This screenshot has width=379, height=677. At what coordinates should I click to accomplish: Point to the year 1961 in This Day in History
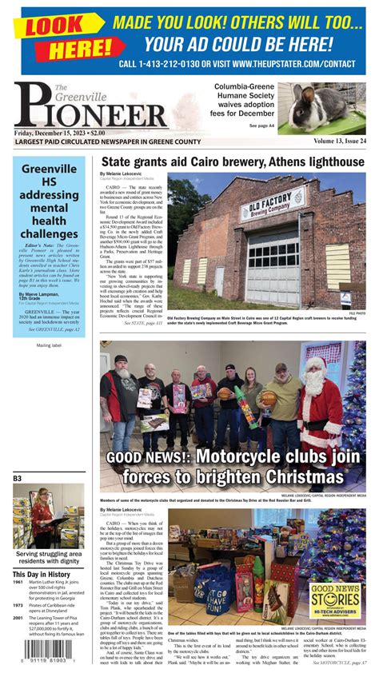18,583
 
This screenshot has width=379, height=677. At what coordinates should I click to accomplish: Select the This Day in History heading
42,574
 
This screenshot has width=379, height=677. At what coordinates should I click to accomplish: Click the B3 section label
17,479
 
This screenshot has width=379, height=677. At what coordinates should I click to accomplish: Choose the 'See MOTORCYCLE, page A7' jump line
340,663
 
